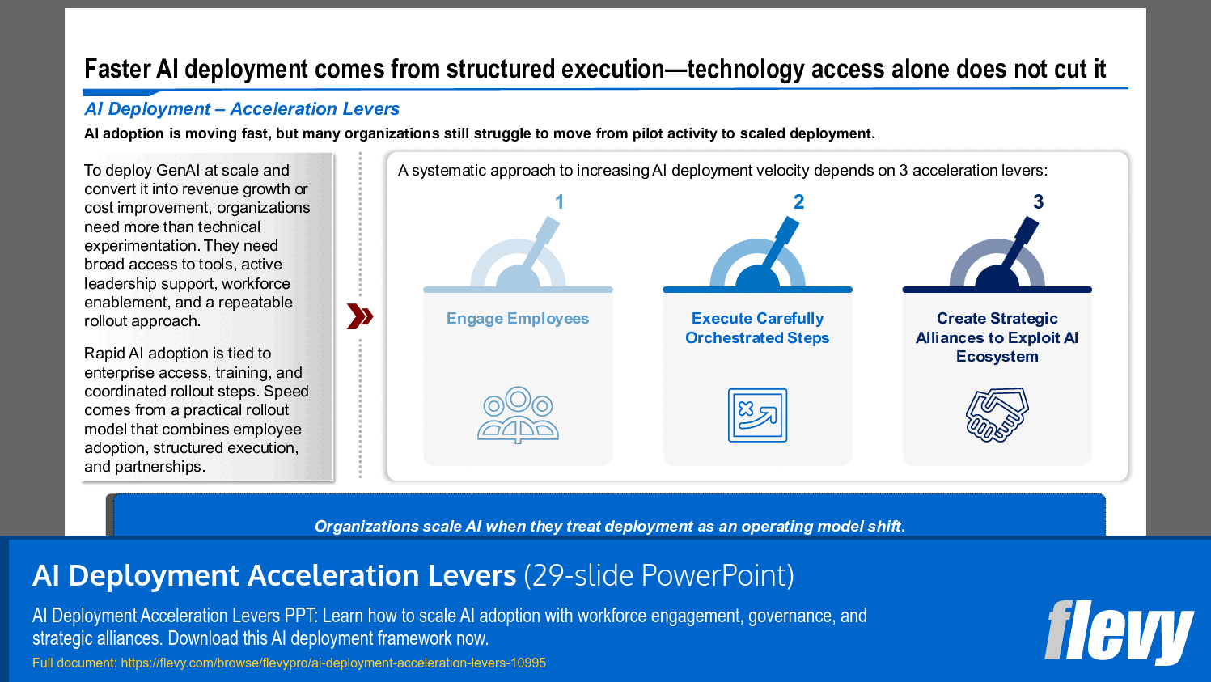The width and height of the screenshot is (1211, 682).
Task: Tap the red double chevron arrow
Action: pyautogui.click(x=360, y=316)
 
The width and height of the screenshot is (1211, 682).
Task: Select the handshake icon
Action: pyautogui.click(x=997, y=415)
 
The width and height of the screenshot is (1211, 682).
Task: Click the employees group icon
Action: pyautogui.click(x=518, y=415)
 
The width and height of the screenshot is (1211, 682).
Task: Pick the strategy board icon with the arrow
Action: pyautogui.click(x=757, y=415)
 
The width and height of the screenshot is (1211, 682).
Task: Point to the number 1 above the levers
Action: pyautogui.click(x=559, y=202)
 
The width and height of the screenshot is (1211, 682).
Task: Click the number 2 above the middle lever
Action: pyautogui.click(x=798, y=202)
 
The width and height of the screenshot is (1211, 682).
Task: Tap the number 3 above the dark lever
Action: pyautogui.click(x=1038, y=202)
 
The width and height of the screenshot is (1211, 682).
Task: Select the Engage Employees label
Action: pyautogui.click(x=518, y=319)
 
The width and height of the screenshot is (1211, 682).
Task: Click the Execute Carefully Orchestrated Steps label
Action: pyautogui.click(x=757, y=328)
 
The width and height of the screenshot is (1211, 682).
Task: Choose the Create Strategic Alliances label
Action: pyautogui.click(x=997, y=337)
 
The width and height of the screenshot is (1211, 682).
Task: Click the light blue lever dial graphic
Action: pyautogui.click(x=518, y=259)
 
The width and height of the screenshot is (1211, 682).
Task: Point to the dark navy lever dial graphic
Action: pyautogui.click(x=997, y=259)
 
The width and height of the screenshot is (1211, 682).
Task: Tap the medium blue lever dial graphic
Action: pyautogui.click(x=757, y=259)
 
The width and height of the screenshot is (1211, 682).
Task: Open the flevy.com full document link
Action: pyautogui.click(x=332, y=663)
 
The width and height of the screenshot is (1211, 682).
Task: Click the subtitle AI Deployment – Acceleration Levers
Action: pyautogui.click(x=242, y=109)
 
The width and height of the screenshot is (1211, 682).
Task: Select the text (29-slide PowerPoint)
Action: pyautogui.click(x=658, y=576)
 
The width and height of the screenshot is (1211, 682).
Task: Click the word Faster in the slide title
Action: pyautogui.click(x=117, y=70)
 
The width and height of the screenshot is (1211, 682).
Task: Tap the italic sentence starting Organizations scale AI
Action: pyautogui.click(x=609, y=527)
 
